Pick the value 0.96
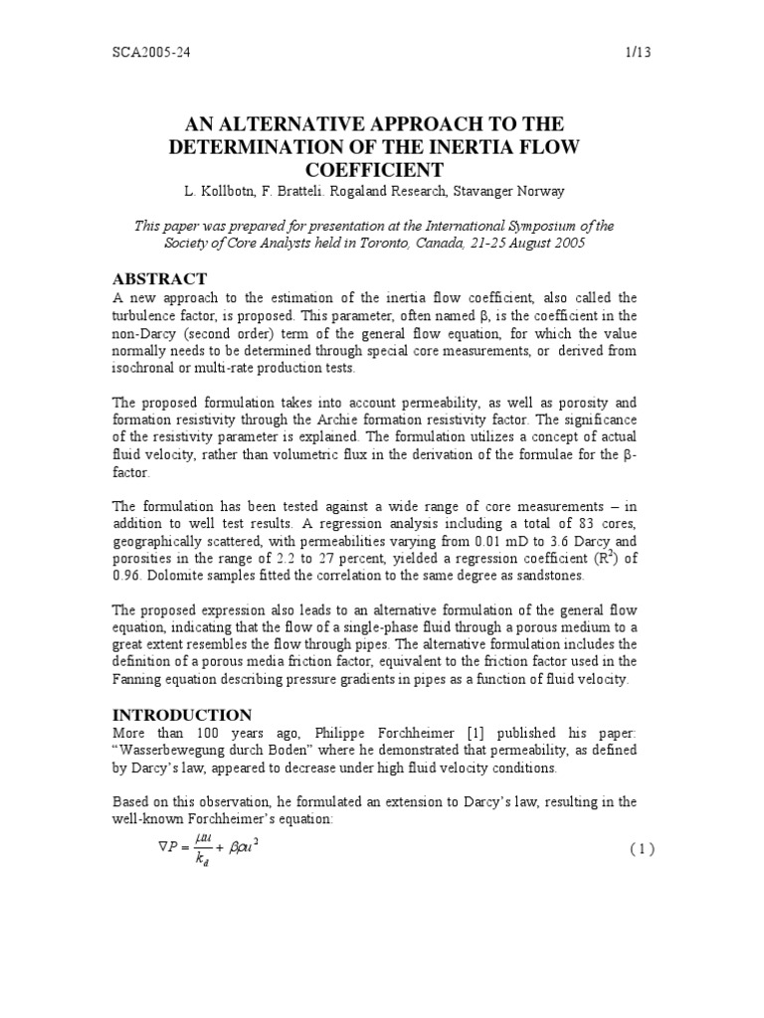[x=126, y=575]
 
